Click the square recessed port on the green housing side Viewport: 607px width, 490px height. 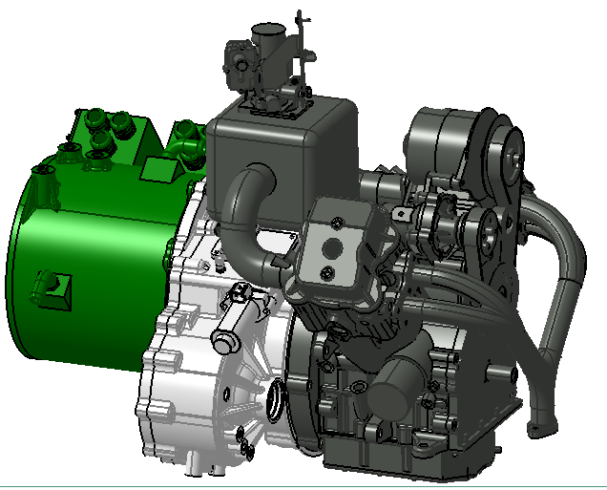(52, 286)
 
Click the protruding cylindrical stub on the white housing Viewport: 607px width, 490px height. (225, 341)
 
